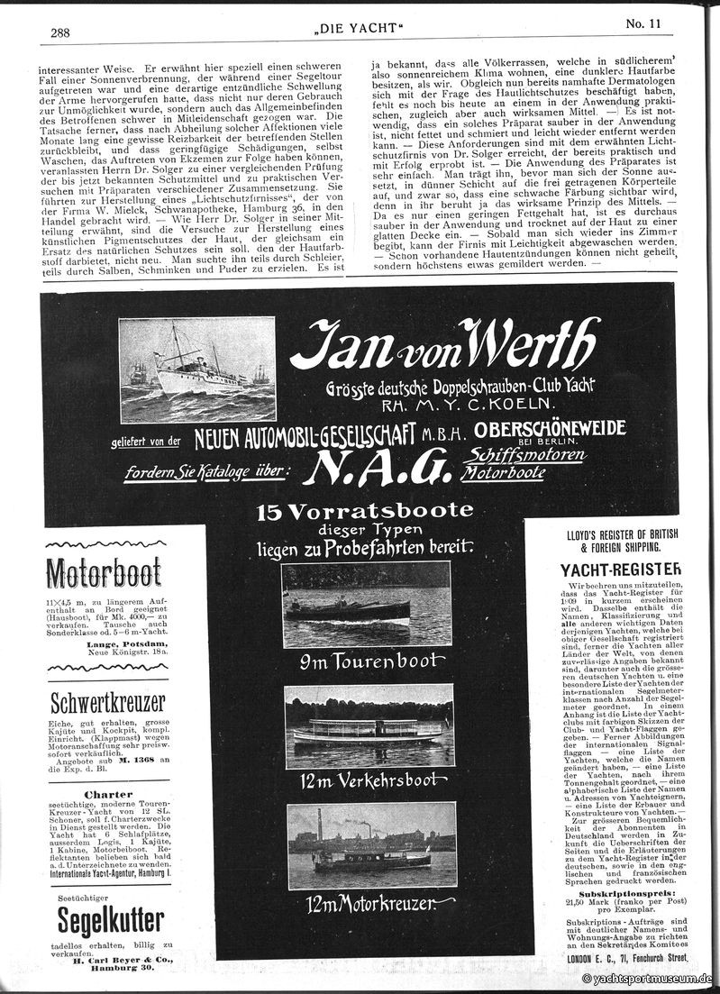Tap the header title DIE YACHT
[x=360, y=32]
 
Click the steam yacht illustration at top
[x=197, y=369]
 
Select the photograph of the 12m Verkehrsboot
[x=369, y=725]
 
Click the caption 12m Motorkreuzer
[x=369, y=902]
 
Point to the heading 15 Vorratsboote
[x=364, y=511]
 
